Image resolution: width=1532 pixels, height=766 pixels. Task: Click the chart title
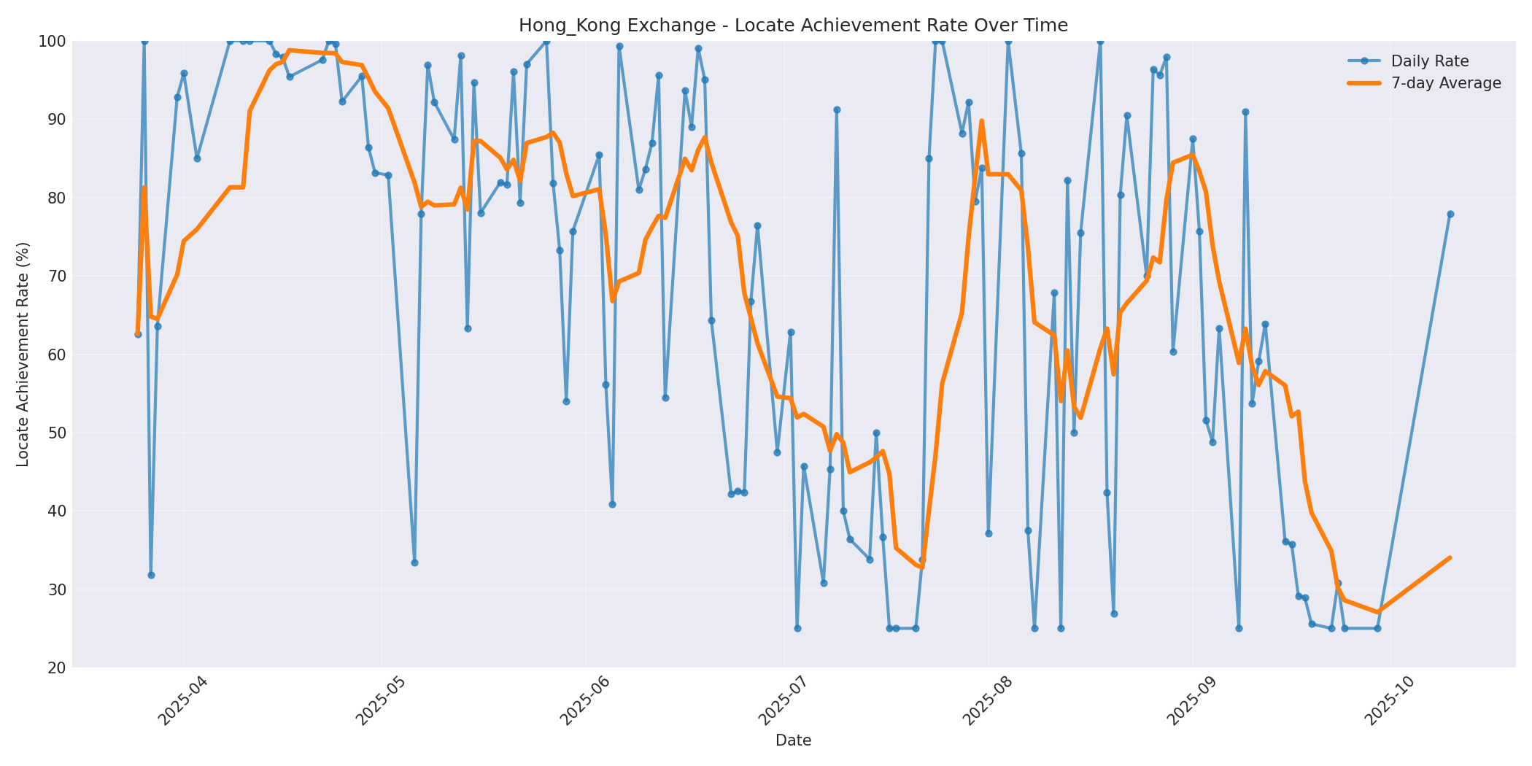(793, 26)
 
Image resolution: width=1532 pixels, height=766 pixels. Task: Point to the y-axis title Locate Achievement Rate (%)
(23, 354)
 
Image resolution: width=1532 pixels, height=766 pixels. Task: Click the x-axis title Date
(793, 740)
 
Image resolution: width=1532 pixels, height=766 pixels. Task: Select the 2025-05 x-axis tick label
(381, 700)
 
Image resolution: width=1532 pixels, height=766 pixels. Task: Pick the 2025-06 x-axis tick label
(585, 700)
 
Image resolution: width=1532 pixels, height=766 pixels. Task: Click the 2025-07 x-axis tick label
(784, 700)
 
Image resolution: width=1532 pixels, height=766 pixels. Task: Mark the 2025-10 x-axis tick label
(1390, 700)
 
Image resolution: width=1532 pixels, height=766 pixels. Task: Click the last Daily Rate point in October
(1450, 214)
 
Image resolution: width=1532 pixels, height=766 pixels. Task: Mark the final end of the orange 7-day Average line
(1450, 557)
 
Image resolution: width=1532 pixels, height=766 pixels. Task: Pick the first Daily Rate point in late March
(138, 333)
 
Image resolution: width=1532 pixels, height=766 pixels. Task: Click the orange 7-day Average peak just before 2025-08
(981, 121)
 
